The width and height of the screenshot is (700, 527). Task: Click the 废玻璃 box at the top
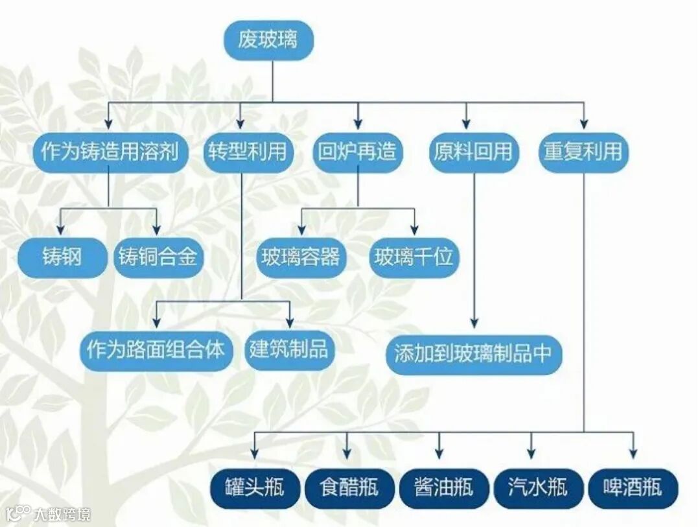[268, 40]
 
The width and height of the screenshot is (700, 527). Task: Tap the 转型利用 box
[247, 152]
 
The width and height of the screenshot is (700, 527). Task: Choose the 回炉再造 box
[357, 152]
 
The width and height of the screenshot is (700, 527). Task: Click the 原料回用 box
[473, 152]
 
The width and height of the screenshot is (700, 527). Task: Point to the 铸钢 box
[62, 258]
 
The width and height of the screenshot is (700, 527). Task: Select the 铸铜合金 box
[157, 258]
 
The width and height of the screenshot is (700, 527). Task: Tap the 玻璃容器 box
[301, 258]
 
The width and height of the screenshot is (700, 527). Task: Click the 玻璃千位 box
[414, 258]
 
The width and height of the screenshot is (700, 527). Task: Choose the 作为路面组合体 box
[156, 351]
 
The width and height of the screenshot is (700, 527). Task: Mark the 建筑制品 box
[289, 351]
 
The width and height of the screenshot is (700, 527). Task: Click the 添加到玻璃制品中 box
[474, 354]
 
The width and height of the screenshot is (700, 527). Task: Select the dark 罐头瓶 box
[255, 487]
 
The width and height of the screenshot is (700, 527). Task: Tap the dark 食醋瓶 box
[349, 487]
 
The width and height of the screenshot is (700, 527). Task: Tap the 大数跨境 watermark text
[62, 515]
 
